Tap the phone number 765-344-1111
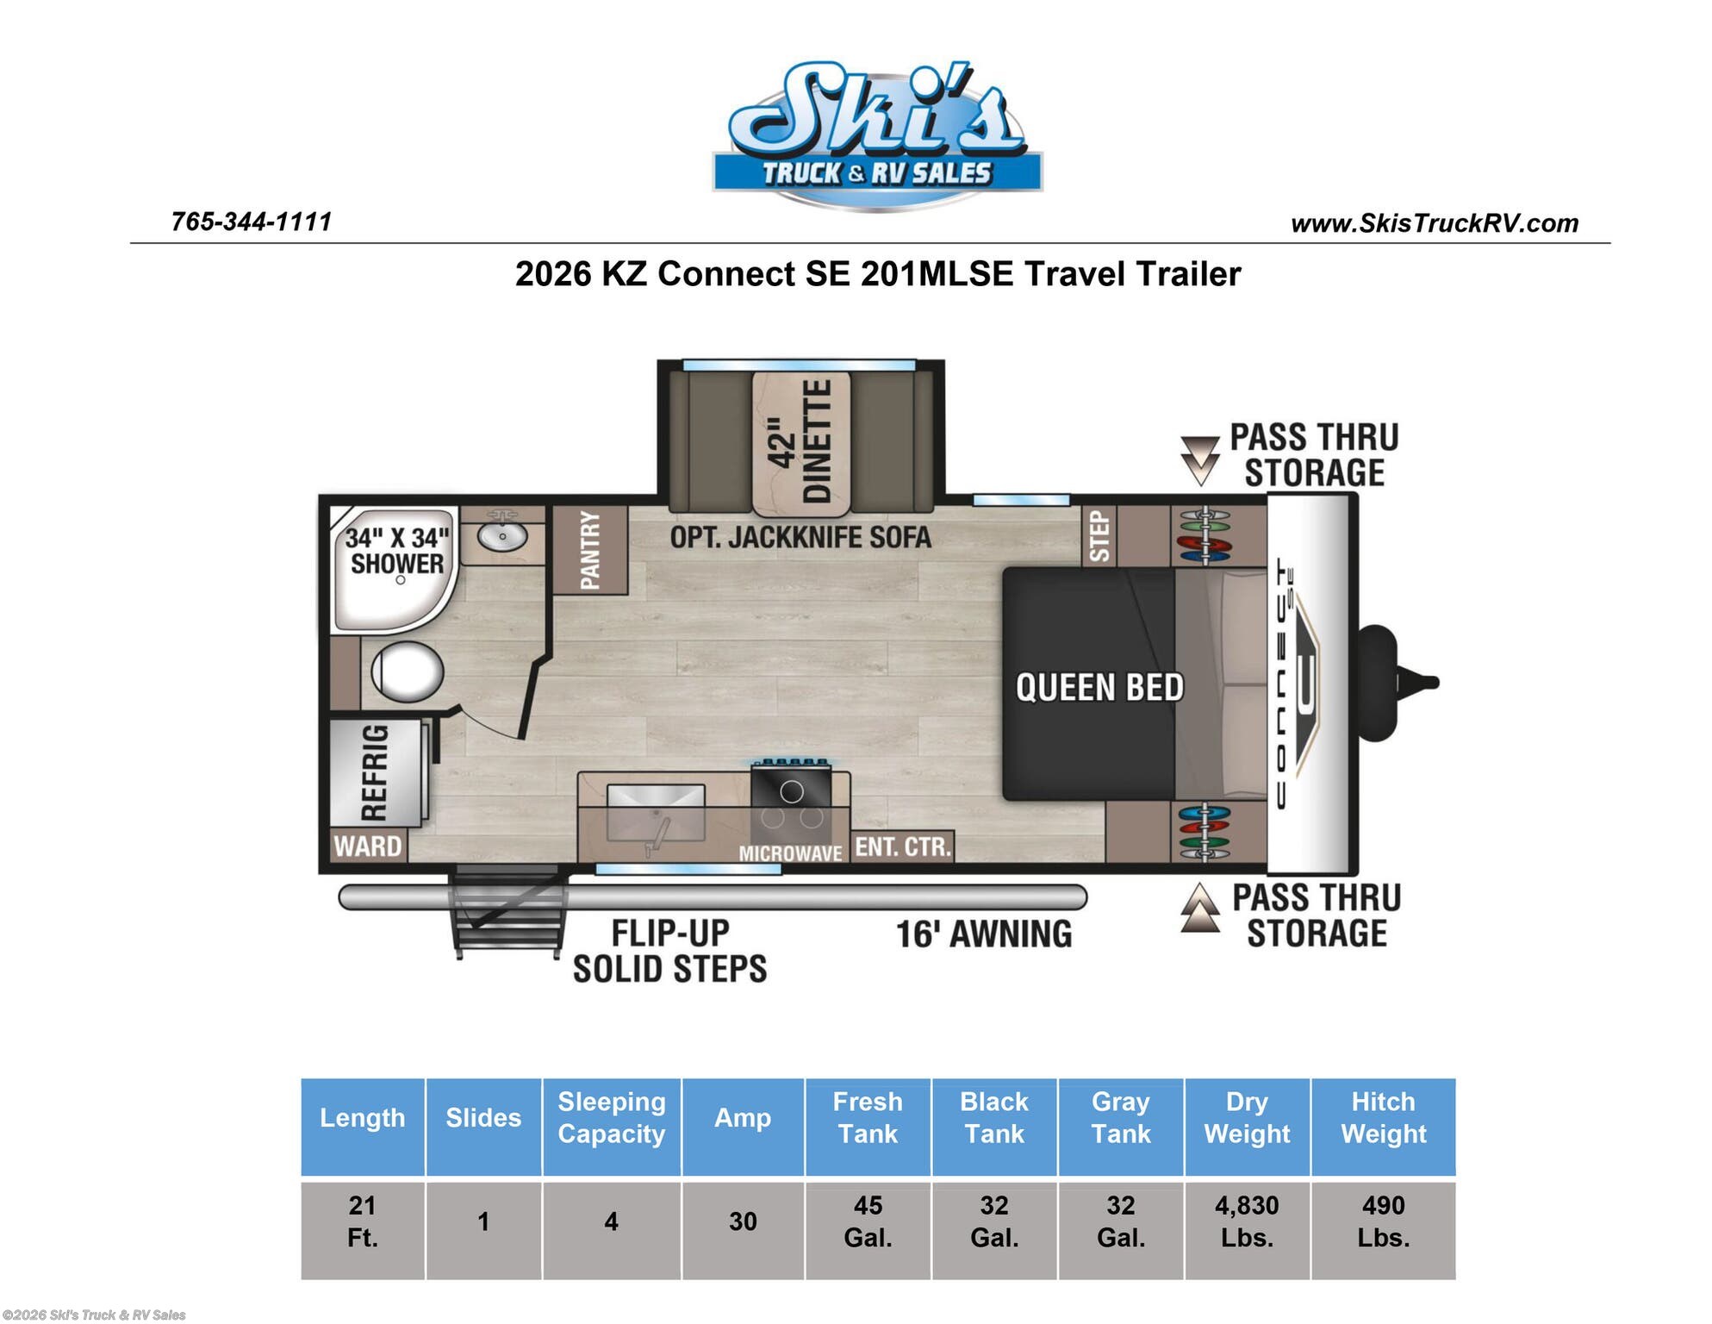coord(252,222)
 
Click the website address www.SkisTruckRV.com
coord(1435,223)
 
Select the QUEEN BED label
coord(1099,688)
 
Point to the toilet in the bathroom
coord(407,671)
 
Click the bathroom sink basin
coord(502,536)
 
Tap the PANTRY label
coord(590,550)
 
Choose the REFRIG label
coord(374,772)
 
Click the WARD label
coord(368,846)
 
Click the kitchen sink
coord(656,812)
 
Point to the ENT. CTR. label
coord(903,846)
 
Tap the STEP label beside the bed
coord(1099,535)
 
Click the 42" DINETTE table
coord(800,442)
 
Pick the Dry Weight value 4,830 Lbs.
coord(1247,1221)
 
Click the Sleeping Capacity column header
coord(612,1117)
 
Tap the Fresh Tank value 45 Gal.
coord(868,1221)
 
